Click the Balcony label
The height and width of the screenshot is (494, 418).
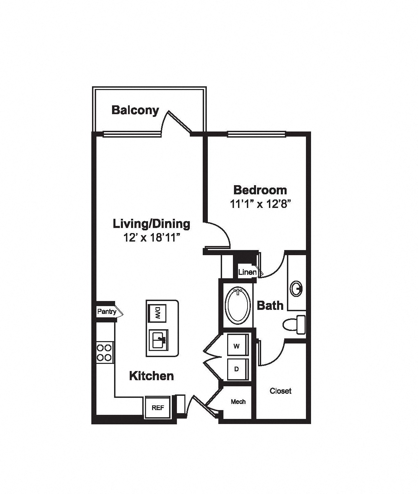click(x=135, y=111)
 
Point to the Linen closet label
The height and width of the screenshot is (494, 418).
click(x=247, y=272)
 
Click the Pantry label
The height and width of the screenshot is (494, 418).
click(x=107, y=312)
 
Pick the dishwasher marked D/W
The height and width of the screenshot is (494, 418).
click(x=157, y=313)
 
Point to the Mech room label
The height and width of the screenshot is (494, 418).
click(x=238, y=402)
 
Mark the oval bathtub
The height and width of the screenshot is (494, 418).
click(x=238, y=305)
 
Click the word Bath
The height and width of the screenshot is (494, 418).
click(x=270, y=305)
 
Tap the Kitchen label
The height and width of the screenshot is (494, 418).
click(x=151, y=376)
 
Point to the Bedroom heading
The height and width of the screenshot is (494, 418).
click(x=260, y=190)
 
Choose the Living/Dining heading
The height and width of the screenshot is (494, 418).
click(x=151, y=224)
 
